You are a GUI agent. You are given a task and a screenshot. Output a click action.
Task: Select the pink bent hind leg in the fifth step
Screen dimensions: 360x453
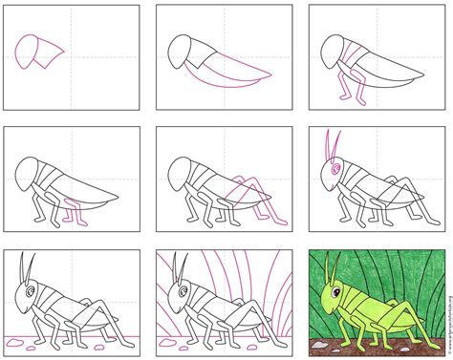tap(243, 196)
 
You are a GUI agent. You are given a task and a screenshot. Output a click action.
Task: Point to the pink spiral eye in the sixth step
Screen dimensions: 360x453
tap(334, 171)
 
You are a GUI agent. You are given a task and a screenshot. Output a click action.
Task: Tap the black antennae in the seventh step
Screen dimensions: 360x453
tap(26, 265)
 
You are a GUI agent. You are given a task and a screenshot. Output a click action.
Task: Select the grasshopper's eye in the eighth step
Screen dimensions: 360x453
tap(183, 287)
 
